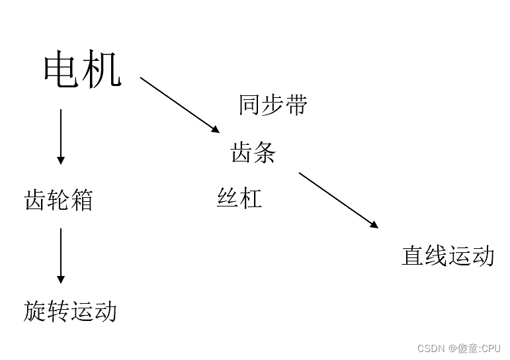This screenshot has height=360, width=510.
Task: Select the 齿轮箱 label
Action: coord(58,199)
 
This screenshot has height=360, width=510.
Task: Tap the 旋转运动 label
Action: coord(70,310)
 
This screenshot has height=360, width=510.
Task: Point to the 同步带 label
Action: coord(273,105)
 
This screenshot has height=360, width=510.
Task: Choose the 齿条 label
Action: coord(253,153)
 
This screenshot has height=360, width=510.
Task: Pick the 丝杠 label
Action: coord(239,198)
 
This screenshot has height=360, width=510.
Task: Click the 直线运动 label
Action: coord(448,256)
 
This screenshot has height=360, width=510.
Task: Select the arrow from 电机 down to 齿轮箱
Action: coord(61,136)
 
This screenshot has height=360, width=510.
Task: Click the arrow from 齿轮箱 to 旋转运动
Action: coord(61,255)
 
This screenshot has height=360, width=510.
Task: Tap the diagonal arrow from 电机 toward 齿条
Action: coord(179,104)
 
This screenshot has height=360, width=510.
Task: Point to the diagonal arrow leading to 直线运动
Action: coord(338,200)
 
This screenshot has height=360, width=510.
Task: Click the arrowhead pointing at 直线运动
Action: coord(374,225)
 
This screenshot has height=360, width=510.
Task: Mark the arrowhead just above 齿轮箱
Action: coord(61,160)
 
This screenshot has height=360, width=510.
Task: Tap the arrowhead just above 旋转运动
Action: coord(61,279)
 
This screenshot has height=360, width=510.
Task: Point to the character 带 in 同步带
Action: coord(296,105)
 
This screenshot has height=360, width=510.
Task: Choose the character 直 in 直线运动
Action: coord(413,256)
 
